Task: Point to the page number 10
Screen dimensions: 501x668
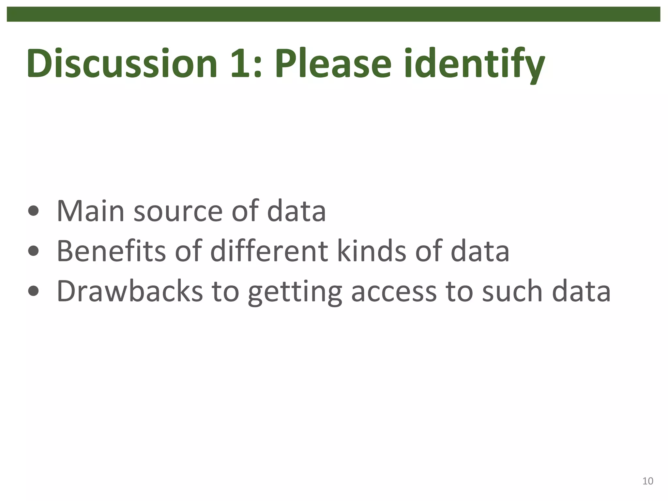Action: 647,481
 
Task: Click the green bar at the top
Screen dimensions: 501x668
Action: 333,14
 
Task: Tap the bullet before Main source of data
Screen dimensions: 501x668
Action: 33,211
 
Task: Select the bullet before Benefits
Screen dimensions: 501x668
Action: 33,251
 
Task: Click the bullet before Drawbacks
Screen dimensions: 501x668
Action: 33,291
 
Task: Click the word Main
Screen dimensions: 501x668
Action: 90,211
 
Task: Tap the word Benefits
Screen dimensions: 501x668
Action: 111,251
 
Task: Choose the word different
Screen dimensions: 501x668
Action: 269,251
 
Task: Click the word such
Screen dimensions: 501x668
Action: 512,291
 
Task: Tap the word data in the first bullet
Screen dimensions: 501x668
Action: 296,211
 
